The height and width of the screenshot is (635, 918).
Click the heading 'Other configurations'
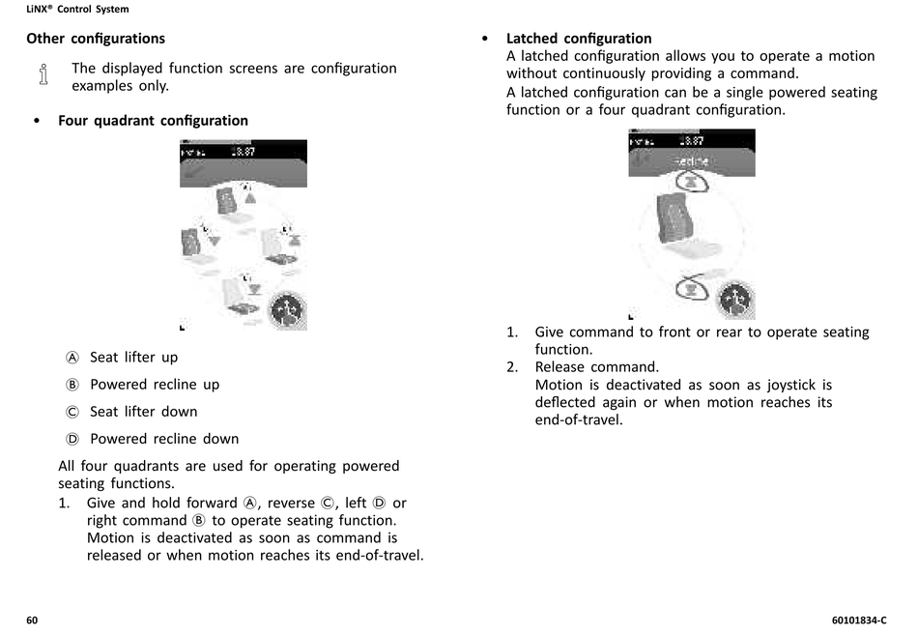coord(95,39)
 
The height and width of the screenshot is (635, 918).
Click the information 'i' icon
coord(43,75)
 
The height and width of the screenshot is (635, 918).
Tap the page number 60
coord(32,620)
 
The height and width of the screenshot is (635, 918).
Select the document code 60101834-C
coord(858,620)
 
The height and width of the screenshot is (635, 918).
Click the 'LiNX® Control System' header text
coord(76,10)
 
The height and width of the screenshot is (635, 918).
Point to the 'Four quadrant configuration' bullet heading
coord(153,121)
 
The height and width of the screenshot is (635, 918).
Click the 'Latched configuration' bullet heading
coord(579,39)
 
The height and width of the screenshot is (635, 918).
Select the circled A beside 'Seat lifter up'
coord(72,358)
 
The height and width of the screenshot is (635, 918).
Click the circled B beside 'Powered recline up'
coord(72,385)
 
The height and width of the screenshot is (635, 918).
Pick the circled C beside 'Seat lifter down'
coord(72,412)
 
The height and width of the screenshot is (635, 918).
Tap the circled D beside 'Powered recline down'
coord(72,439)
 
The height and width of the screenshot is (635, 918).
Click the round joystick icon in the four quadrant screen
coord(286,309)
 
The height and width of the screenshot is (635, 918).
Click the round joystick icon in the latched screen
coord(734,300)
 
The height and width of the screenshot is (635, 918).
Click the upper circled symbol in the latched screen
coord(691,182)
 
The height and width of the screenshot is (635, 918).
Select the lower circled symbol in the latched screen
coord(691,287)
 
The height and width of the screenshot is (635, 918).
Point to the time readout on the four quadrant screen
coord(244,152)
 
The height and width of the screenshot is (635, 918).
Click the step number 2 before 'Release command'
coord(512,367)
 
